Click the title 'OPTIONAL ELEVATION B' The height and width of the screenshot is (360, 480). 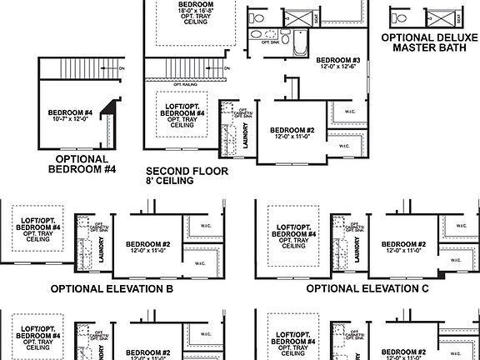[x=112, y=289]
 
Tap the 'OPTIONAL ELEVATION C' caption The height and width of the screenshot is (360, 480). [x=367, y=289]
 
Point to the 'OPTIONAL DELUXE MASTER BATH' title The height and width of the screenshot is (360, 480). [x=429, y=42]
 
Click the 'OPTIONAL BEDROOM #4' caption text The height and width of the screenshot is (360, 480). [x=81, y=163]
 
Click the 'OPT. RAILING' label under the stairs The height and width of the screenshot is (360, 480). [x=184, y=84]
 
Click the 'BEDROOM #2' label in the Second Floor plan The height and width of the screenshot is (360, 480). [x=292, y=132]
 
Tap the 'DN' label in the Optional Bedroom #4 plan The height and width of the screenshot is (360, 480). [x=122, y=68]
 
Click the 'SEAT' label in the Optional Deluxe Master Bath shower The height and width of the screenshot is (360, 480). [x=458, y=17]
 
